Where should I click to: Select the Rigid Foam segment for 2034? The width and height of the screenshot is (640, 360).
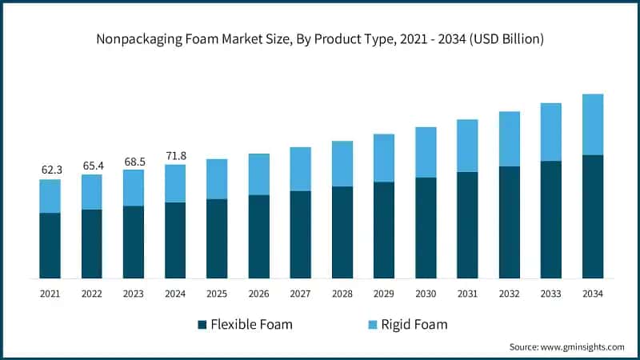pyautogui.click(x=593, y=124)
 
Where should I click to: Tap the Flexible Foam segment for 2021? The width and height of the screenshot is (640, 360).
pyautogui.click(x=50, y=245)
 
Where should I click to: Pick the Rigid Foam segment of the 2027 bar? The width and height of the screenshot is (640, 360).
pyautogui.click(x=301, y=169)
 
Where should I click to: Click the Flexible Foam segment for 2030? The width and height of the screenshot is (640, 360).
pyautogui.click(x=426, y=227)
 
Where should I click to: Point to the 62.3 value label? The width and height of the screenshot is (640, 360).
pyautogui.click(x=50, y=170)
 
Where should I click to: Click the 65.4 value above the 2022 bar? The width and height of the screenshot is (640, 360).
pyautogui.click(x=92, y=166)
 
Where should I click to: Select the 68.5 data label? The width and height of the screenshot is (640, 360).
pyautogui.click(x=134, y=161)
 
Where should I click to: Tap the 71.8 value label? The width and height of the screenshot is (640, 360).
pyautogui.click(x=175, y=156)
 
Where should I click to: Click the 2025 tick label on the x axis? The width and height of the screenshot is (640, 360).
pyautogui.click(x=217, y=294)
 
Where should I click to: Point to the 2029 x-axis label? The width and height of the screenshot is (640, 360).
pyautogui.click(x=384, y=294)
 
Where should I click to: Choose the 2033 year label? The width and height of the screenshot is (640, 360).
pyautogui.click(x=551, y=294)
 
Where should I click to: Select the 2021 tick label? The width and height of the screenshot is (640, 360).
pyautogui.click(x=50, y=294)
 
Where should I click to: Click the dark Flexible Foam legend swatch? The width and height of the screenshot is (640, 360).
pyautogui.click(x=202, y=324)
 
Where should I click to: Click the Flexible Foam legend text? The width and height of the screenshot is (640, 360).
pyautogui.click(x=252, y=324)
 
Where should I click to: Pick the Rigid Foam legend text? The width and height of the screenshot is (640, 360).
pyautogui.click(x=414, y=324)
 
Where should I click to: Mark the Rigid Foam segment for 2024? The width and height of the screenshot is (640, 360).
pyautogui.click(x=175, y=183)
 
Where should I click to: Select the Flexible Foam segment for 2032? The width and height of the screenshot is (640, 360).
pyautogui.click(x=510, y=222)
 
